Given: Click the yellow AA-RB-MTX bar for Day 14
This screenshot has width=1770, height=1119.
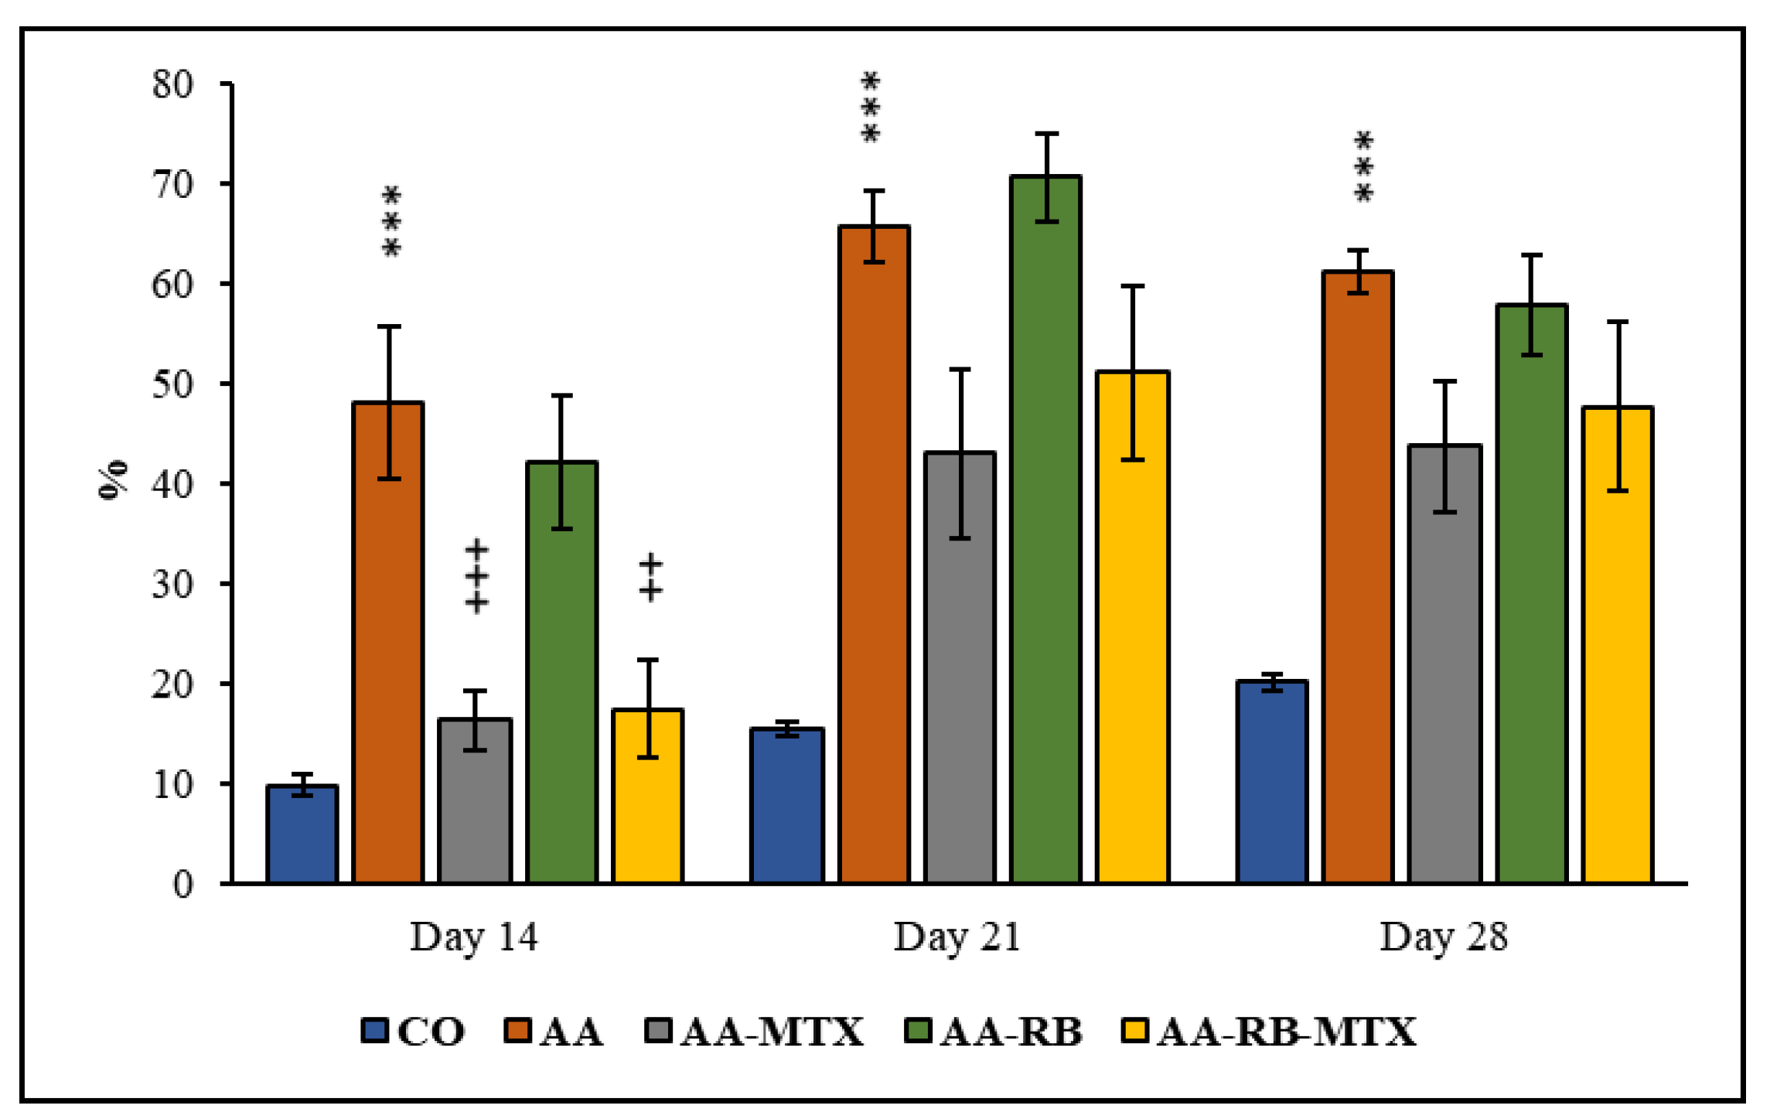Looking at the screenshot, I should (647, 796).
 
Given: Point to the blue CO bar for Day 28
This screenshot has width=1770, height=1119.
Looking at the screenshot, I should (1272, 781).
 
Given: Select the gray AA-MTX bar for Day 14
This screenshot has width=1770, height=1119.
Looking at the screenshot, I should (475, 800).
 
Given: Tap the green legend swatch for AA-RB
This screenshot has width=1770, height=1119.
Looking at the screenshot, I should (917, 1031).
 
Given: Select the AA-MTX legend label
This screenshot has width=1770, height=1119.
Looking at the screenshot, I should (772, 1032).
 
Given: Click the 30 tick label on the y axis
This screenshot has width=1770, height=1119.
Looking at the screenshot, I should (173, 584).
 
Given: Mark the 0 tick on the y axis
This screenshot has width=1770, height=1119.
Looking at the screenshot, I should (183, 884).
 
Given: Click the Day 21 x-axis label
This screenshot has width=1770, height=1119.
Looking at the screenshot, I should (957, 936).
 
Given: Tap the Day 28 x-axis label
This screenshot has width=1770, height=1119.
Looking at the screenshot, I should (1443, 936).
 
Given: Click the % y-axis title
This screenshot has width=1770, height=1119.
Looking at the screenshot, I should (114, 480).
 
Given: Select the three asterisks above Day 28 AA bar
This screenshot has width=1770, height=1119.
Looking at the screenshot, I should (1363, 167).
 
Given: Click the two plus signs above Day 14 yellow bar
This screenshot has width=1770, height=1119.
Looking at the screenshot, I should (650, 577).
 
